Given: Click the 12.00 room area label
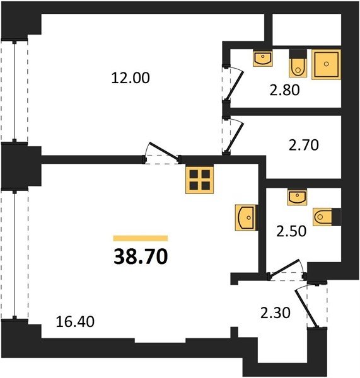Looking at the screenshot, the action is coord(131,78).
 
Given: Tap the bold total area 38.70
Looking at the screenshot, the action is coord(141,256).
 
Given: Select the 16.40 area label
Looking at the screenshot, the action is coord(75,322).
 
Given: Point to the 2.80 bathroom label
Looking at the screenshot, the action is coord(285,90).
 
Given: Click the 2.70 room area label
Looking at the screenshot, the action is coord(304,145).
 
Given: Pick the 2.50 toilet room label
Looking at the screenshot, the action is coord(291,231).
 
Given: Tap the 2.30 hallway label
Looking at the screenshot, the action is coord(276,313).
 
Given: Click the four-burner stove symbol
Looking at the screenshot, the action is coord(199,180).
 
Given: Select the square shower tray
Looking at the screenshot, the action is coord(326,64).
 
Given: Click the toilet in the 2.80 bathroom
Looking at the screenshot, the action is coord(298,64).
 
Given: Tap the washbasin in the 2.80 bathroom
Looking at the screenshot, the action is coord(263,58).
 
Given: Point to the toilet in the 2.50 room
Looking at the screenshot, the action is coord(327,217).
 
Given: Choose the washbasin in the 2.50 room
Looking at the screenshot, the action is coord(297,197).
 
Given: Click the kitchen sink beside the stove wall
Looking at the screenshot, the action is coord(246,218).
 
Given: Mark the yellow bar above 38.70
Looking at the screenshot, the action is coord(141,238).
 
